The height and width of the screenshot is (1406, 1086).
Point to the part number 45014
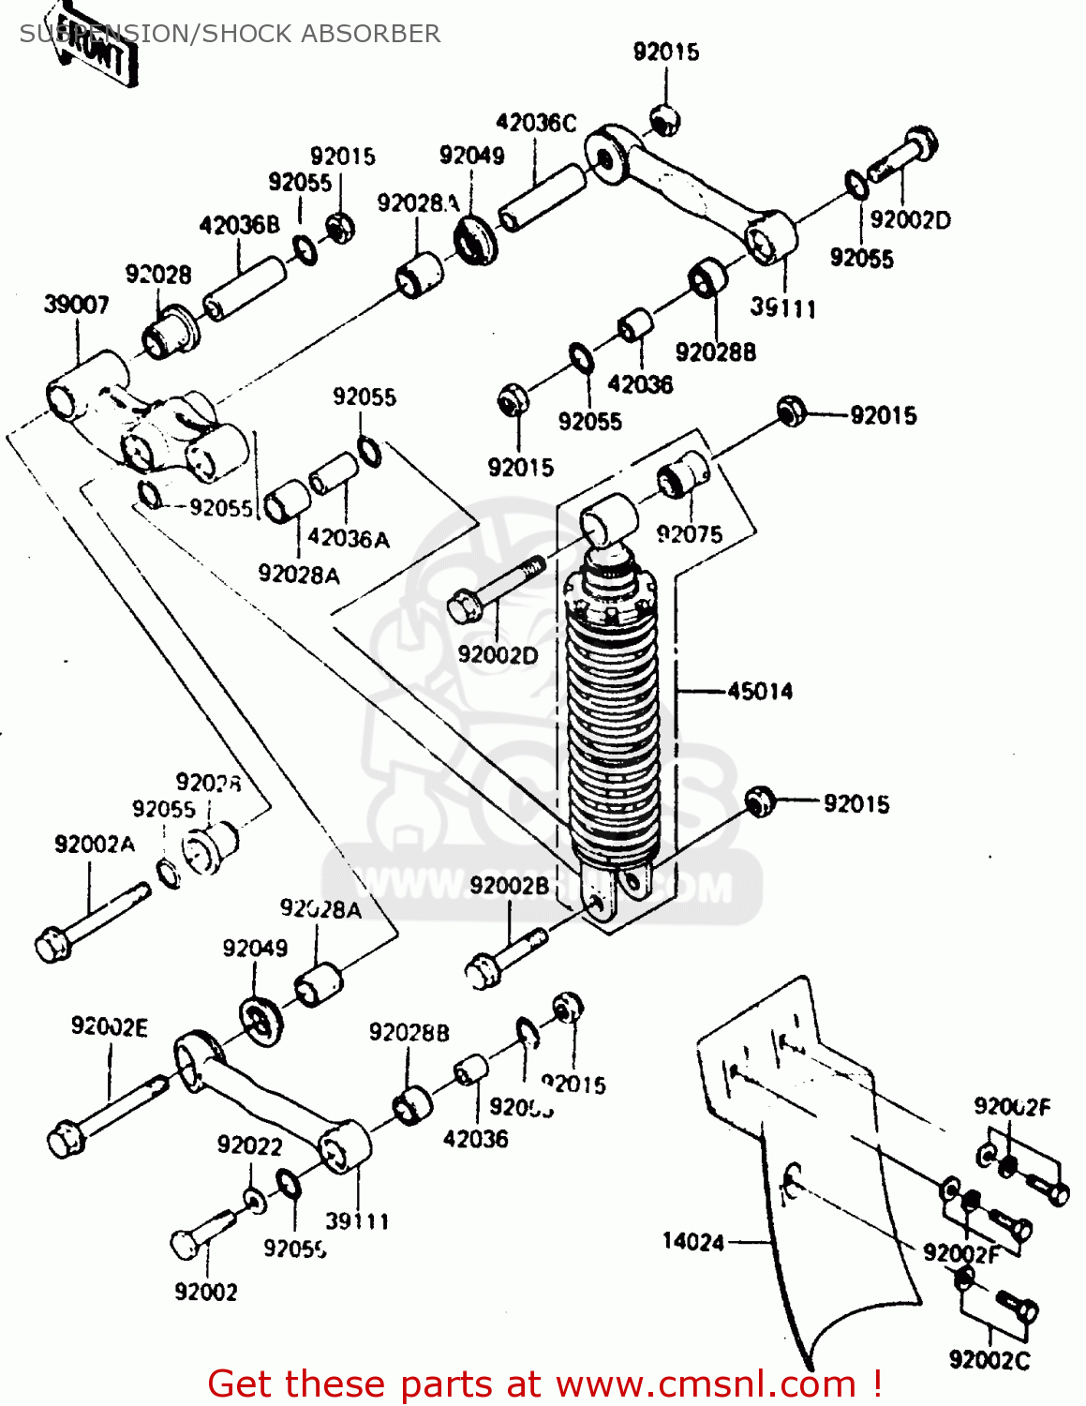tap(760, 692)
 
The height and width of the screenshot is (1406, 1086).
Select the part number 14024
tap(693, 1242)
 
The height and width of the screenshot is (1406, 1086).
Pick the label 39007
tap(76, 305)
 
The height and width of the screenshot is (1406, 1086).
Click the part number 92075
tap(690, 534)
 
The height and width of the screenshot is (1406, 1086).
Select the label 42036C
tap(536, 123)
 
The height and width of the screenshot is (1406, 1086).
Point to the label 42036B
tap(239, 225)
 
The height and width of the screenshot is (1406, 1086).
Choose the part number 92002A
tap(95, 845)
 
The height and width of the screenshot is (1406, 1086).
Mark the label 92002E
tap(110, 1027)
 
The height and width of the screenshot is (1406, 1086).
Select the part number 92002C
tap(989, 1359)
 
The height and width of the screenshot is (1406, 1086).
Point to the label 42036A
tap(348, 538)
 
